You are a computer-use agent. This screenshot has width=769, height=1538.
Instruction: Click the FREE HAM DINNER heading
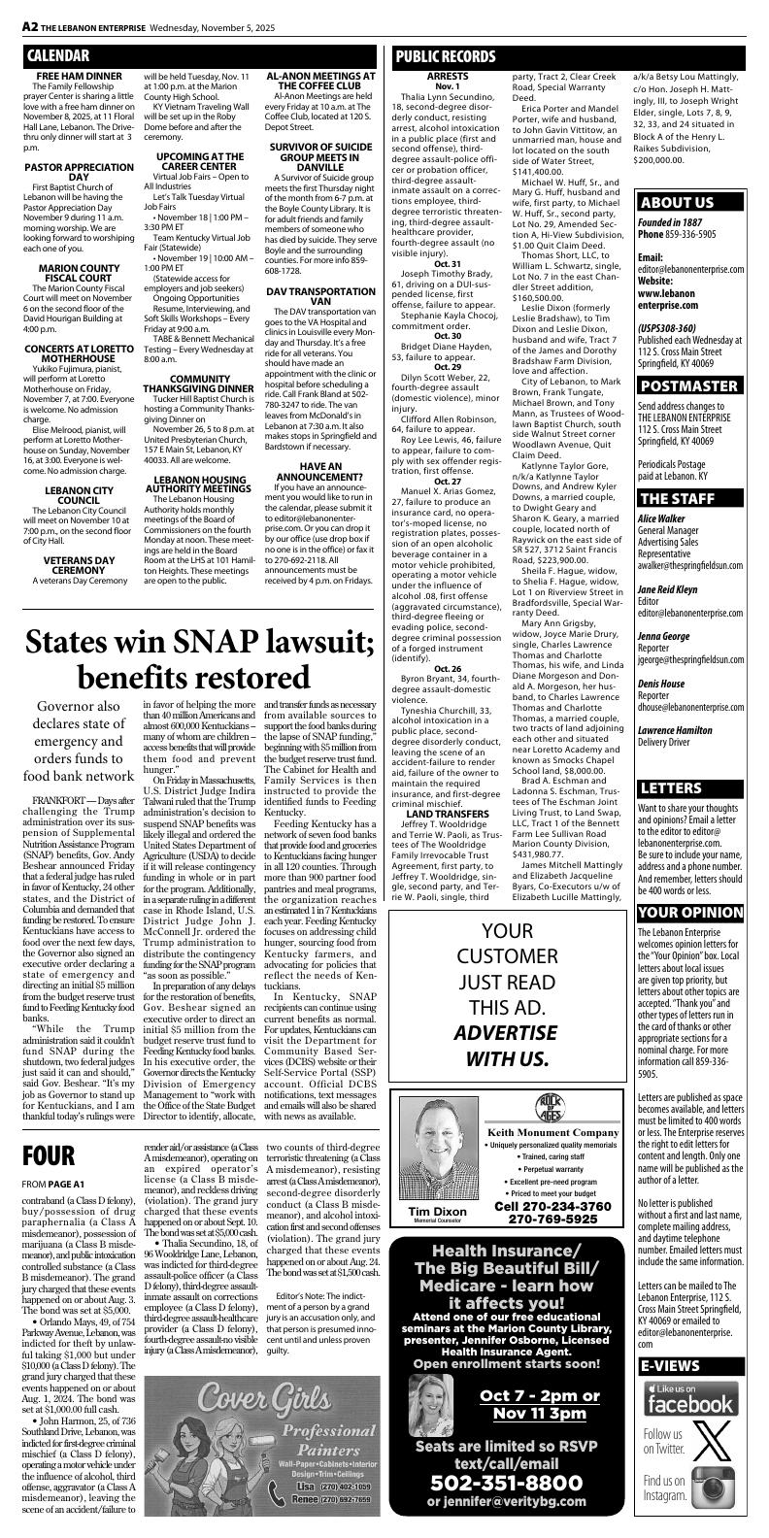tap(79, 76)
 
